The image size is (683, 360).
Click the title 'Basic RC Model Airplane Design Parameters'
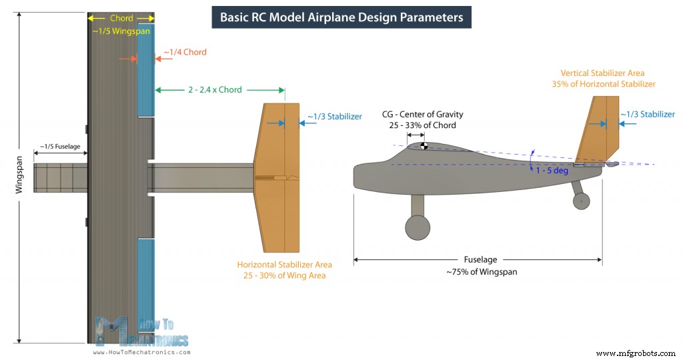[341, 17]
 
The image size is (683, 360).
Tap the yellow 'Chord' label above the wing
[122, 18]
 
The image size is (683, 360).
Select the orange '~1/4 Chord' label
[185, 52]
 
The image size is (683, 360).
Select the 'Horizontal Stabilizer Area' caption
[285, 265]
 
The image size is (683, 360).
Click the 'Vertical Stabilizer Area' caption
[602, 73]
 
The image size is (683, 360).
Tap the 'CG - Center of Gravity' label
[423, 115]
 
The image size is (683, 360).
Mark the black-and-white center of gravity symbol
[424, 146]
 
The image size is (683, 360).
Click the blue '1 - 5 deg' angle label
[551, 171]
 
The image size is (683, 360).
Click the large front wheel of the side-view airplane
[418, 227]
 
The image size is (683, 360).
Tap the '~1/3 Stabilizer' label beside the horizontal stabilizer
[335, 116]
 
